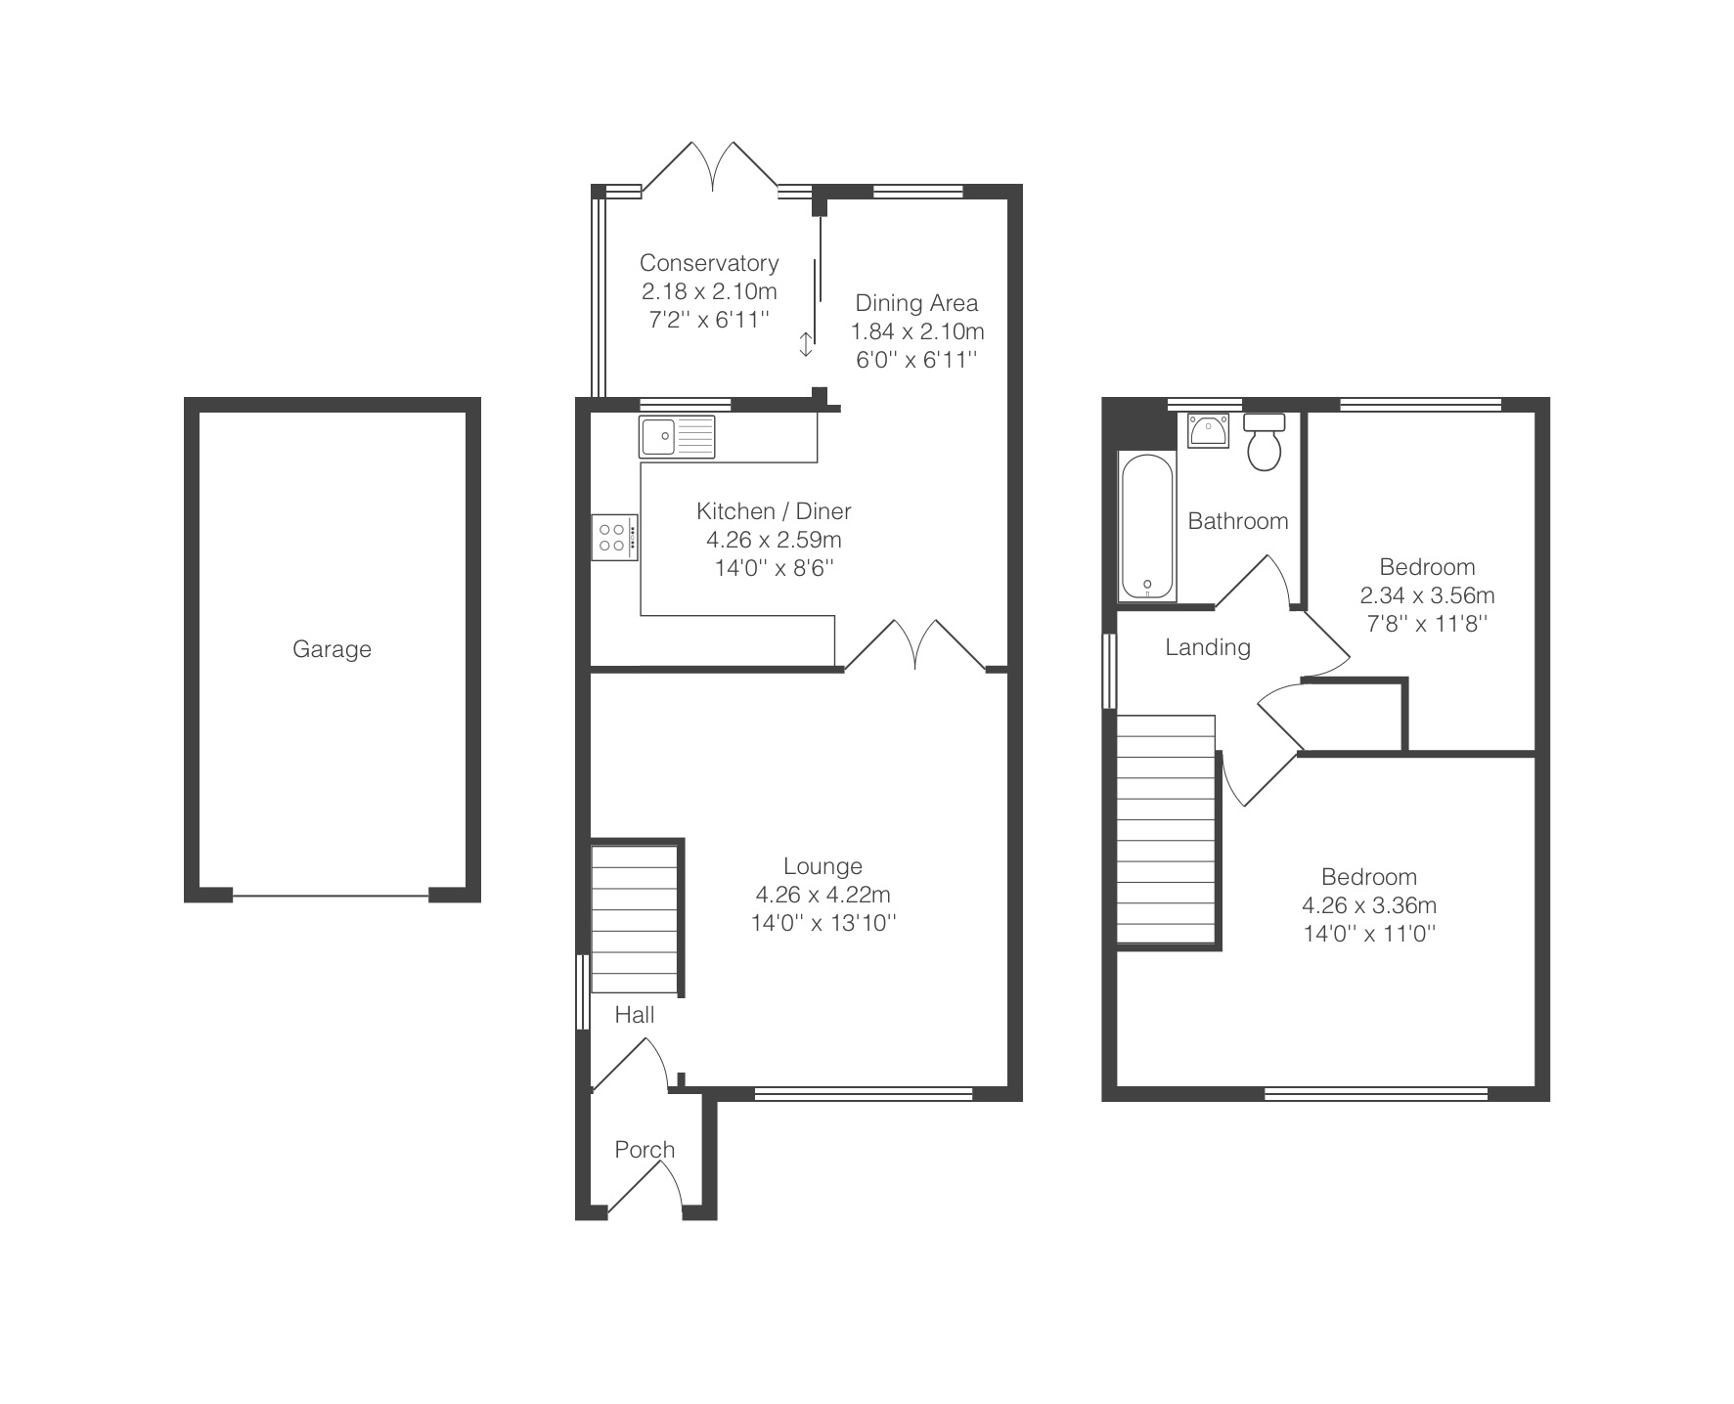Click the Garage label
332,649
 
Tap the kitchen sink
677,436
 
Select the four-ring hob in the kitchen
615,537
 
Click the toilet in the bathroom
1265,441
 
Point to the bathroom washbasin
1209,430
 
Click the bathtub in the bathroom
1147,526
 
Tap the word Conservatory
709,263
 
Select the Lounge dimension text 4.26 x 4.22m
823,895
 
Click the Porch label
645,1150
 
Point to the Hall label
635,1015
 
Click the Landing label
1208,647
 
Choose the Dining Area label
916,303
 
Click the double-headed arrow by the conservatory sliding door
806,344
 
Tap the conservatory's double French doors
711,168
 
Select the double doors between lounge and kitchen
915,645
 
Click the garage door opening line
331,895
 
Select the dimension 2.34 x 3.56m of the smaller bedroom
1427,595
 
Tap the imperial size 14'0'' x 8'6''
774,568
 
